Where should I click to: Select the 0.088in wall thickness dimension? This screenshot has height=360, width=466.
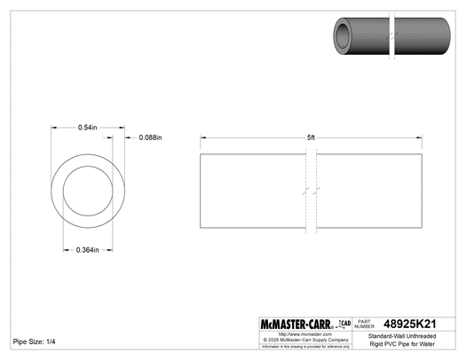150,137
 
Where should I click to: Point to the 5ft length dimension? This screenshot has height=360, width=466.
310,137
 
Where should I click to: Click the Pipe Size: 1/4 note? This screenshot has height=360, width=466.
34,341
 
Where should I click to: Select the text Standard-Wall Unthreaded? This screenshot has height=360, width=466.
407,335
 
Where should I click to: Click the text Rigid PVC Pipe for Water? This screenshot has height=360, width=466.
407,344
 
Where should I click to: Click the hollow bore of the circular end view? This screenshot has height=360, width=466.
87,193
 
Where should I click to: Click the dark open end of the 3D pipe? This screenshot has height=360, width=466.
343,36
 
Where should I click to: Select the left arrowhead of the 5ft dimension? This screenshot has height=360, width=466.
204,137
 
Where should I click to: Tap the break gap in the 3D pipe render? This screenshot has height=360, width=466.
391,37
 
